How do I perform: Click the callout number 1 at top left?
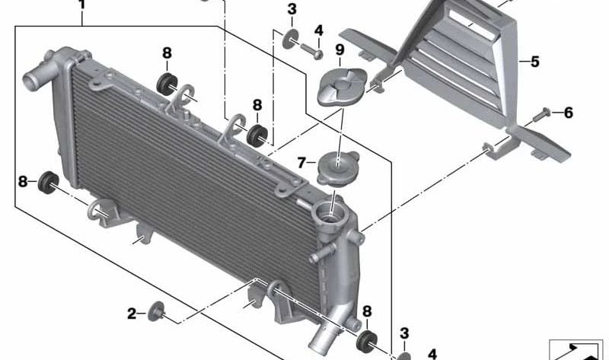coord(81,5)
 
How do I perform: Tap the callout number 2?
coord(132,314)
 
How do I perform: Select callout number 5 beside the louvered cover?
coord(535,62)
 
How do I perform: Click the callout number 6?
coord(568,113)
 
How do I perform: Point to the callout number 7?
coord(301,163)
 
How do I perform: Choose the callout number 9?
coord(340,49)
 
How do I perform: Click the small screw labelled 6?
coord(541,115)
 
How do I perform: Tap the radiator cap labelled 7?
coord(336,168)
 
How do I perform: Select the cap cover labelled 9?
coord(341,87)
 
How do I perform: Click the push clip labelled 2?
coord(158,311)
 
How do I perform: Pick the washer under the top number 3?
coord(291,39)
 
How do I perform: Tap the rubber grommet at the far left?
coord(48,183)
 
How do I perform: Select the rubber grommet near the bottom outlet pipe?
coord(367,342)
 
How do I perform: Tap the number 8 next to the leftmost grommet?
coord(23,181)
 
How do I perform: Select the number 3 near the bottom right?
coord(404,333)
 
